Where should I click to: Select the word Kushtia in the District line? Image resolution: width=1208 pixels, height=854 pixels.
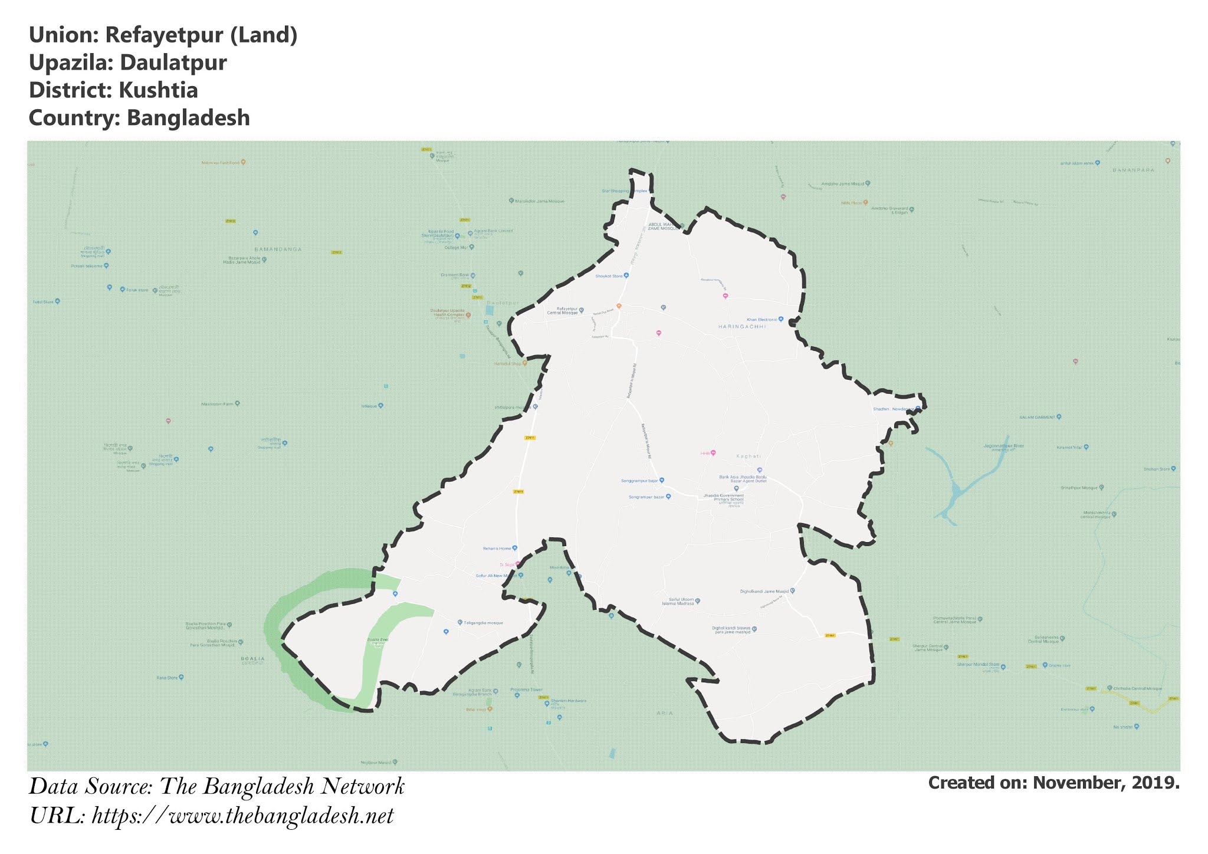[x=157, y=91]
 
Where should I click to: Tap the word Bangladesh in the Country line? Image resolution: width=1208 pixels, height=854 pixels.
[x=188, y=118]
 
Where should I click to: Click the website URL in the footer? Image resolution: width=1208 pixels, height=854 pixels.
[x=243, y=816]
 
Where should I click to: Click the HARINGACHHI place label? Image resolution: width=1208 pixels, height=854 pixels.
[x=741, y=326]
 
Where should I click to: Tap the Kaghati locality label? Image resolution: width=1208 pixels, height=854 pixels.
[x=749, y=456]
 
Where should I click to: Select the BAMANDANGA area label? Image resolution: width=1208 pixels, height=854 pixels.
[x=277, y=249]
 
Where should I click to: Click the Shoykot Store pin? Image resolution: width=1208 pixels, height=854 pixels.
[x=626, y=275]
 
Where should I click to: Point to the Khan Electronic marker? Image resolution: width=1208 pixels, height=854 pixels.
[x=781, y=319]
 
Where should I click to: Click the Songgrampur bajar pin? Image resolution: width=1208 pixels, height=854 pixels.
[x=662, y=480]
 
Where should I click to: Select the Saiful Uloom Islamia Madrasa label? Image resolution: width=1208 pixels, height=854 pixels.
[x=677, y=602]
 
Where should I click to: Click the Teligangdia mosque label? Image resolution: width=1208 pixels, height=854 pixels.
[x=483, y=623]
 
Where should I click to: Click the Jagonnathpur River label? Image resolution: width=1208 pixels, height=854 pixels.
[x=1003, y=446]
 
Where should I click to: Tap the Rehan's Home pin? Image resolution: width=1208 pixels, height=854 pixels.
[x=515, y=548]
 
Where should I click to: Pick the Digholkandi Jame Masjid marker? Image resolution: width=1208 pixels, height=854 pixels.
[x=793, y=590]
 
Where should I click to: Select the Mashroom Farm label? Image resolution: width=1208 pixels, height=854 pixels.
[x=217, y=404]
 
